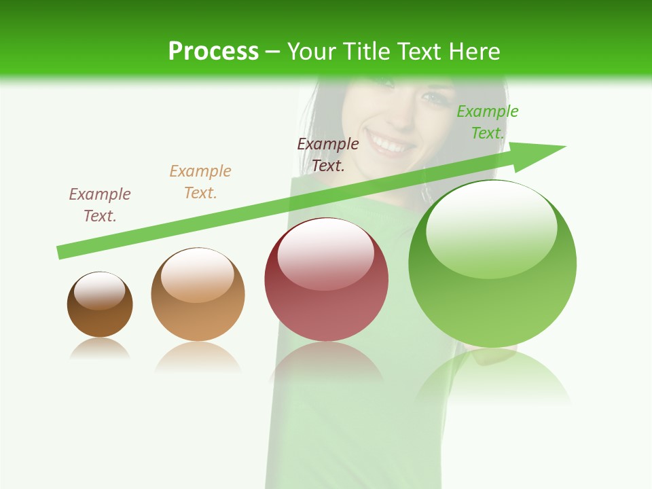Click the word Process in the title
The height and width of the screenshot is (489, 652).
(213, 52)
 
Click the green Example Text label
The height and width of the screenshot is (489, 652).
(487, 122)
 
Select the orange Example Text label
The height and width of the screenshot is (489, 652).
(200, 182)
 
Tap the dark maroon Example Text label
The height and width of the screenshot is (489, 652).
(328, 154)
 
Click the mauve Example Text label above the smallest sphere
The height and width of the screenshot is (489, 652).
(100, 204)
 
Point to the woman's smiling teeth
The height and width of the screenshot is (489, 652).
(393, 144)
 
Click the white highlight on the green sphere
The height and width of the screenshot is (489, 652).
(491, 228)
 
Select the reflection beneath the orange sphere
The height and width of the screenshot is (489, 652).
(198, 356)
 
